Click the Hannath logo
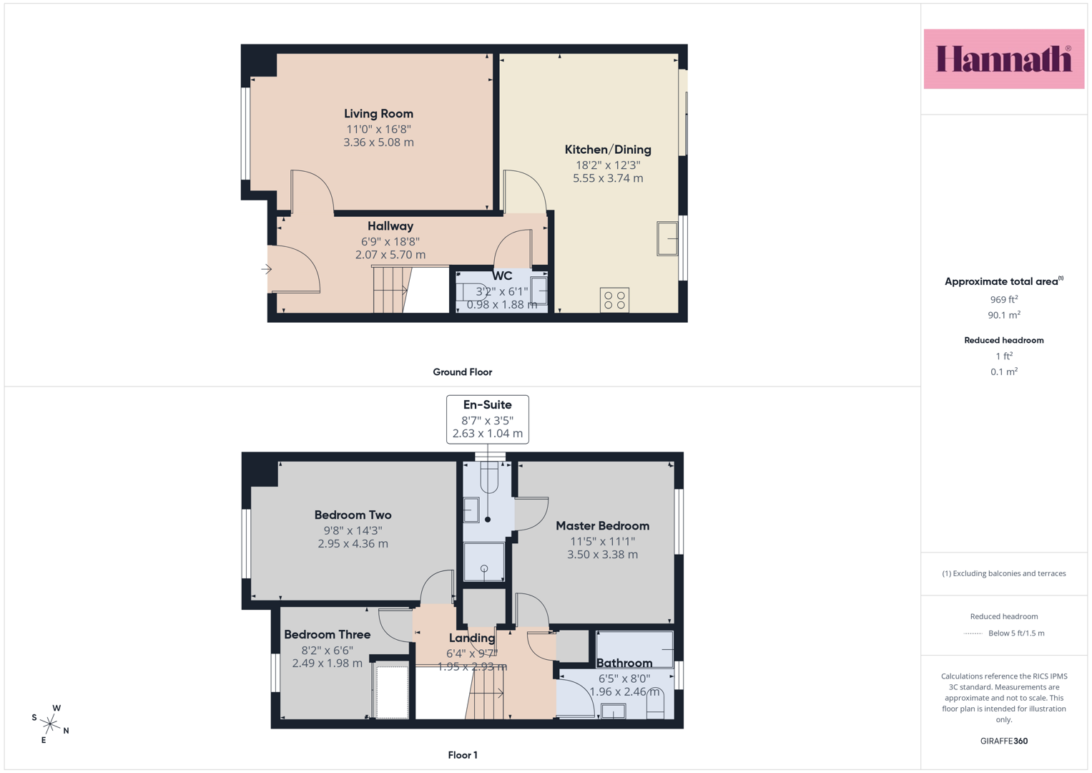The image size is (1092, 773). [x=1004, y=59]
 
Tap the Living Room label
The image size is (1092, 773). [x=378, y=114]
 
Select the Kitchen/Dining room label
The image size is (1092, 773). [x=607, y=150]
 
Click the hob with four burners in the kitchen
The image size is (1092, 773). [x=614, y=300]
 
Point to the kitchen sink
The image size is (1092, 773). [x=667, y=238]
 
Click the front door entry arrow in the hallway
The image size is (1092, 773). [x=266, y=269]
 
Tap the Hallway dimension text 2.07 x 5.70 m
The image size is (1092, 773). [x=390, y=255]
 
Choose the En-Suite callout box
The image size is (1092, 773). [x=488, y=419]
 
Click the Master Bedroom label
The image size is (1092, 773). [x=603, y=526]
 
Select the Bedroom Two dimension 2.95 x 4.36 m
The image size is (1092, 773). [x=353, y=544]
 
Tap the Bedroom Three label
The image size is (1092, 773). [x=327, y=634]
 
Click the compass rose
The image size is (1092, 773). [x=50, y=724]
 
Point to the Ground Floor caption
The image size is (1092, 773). [x=462, y=372]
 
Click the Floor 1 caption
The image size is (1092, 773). [x=463, y=755]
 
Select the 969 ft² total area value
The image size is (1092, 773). [x=1004, y=299]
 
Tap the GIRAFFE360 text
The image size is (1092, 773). [x=1004, y=741]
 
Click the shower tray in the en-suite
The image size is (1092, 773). [x=483, y=561]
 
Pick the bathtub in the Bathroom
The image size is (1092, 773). [x=634, y=650]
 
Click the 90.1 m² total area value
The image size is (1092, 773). [x=1004, y=315]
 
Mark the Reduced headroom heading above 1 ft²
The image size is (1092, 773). [x=1004, y=340]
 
